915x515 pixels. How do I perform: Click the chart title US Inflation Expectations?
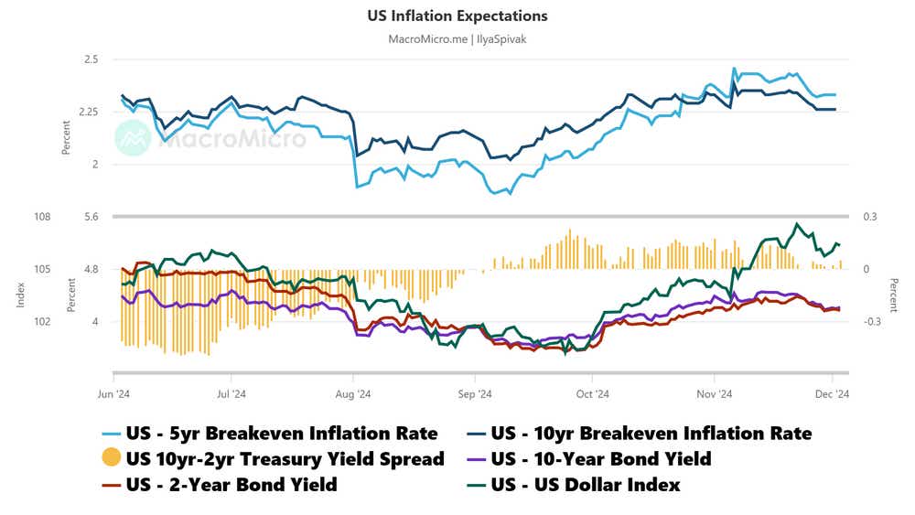point(457,16)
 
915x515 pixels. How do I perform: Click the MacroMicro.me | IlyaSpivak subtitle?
point(457,38)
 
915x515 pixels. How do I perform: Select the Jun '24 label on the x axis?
point(113,394)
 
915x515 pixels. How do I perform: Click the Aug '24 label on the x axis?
point(353,394)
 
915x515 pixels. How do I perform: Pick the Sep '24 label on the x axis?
point(475,394)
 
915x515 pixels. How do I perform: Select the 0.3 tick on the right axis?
point(870,218)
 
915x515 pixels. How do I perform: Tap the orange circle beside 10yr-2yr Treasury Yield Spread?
point(111,458)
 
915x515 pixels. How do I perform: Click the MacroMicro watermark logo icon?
point(133,139)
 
